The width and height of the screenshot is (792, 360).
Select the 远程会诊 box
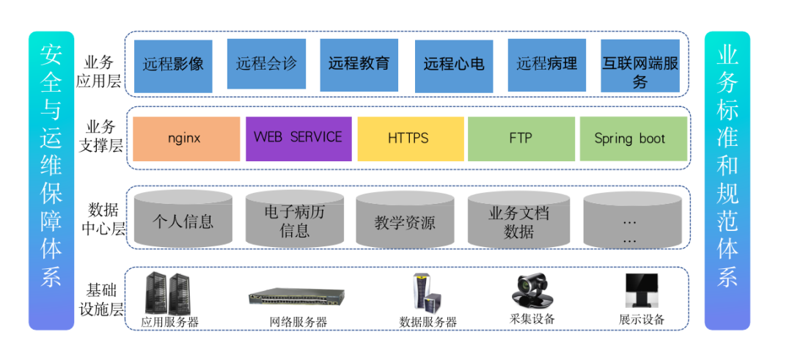266,63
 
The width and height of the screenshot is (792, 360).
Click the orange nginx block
186,139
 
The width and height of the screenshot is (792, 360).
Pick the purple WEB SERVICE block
298,139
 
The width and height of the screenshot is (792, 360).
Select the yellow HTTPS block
410,139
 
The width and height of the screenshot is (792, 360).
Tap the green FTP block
521,139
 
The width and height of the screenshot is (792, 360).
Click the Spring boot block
634,139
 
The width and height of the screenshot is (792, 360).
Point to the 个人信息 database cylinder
183,220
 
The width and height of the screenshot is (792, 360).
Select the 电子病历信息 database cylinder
295,220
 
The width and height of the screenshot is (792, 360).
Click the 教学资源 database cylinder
405,220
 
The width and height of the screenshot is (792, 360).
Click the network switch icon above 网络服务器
296,298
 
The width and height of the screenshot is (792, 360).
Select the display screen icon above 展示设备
642,290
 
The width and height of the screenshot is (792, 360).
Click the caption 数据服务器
428,322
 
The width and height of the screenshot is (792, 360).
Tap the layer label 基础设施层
101,300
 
